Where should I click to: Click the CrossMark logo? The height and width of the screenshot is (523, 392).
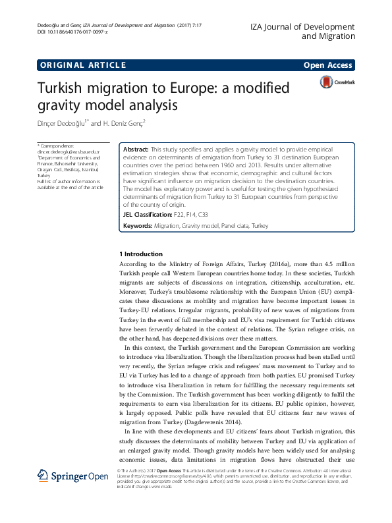(x=336, y=82)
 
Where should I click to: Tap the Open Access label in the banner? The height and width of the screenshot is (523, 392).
(x=328, y=65)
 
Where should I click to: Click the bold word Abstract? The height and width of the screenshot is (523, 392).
(x=136, y=150)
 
